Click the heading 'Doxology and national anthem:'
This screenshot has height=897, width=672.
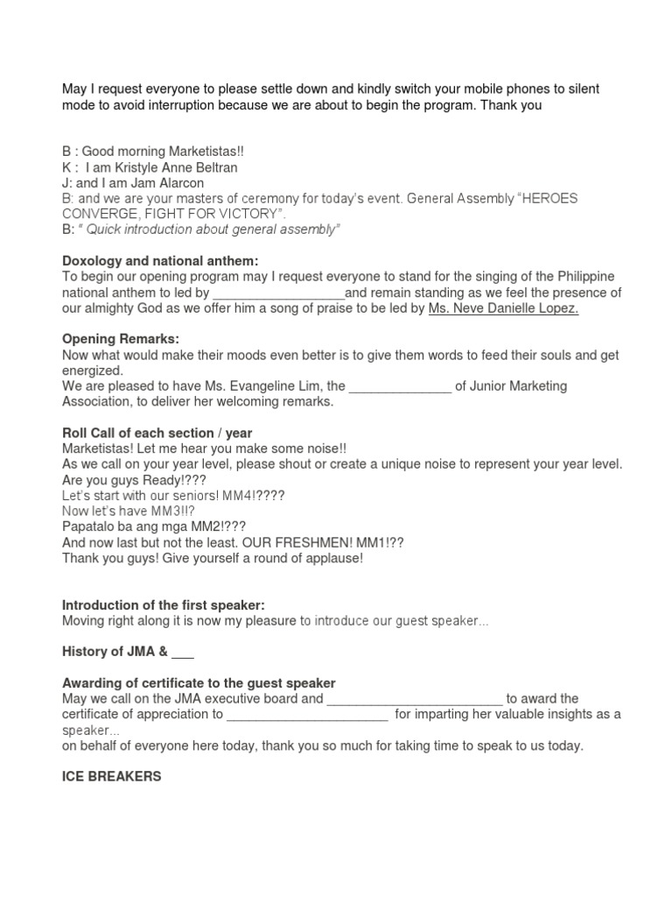click(161, 261)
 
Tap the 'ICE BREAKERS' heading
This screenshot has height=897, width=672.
click(111, 776)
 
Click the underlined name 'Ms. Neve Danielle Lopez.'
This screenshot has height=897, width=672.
click(503, 307)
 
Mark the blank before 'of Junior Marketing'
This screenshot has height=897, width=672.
click(400, 386)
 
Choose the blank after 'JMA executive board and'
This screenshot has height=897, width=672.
click(414, 699)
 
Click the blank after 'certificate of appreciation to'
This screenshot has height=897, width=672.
click(307, 715)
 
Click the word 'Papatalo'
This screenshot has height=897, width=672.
click(90, 526)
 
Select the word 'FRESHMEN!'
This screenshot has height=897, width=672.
click(292, 542)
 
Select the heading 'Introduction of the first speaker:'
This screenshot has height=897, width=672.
click(164, 605)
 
